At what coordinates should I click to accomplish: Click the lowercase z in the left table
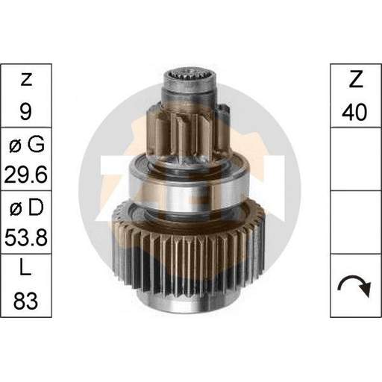[x=26, y=80]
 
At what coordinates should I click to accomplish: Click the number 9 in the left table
[x=26, y=111]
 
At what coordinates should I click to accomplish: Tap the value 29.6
[x=26, y=175]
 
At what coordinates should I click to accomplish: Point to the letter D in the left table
[x=36, y=207]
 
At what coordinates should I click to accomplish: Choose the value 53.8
[x=26, y=237]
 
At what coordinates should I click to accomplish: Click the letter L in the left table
[x=25, y=266]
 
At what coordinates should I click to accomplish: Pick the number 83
[x=25, y=301]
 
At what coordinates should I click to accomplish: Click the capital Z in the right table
[x=356, y=79]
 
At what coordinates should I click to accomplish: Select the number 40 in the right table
[x=354, y=112]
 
